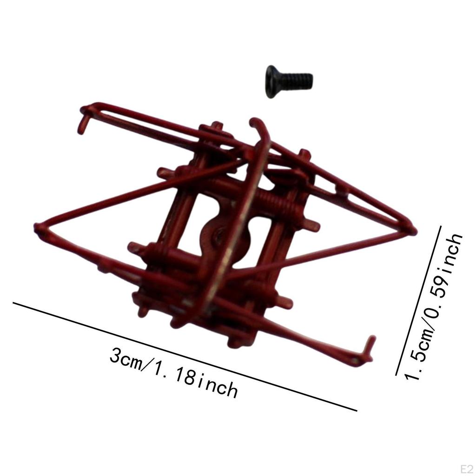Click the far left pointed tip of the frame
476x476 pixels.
point(37,227)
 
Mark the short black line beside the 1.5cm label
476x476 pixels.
point(418,300)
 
